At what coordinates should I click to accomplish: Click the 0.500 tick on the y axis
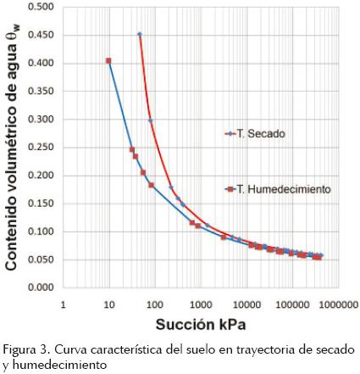tap(40, 8)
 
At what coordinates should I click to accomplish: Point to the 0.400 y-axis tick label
tap(40, 64)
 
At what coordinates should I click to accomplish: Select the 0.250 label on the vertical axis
tap(40, 148)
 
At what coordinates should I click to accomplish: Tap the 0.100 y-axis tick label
tap(40, 232)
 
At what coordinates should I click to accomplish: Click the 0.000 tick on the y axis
tap(40, 287)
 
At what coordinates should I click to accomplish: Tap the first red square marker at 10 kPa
tap(108, 61)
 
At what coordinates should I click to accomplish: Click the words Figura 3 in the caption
tap(24, 349)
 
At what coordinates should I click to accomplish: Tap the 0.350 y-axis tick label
tap(40, 92)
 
